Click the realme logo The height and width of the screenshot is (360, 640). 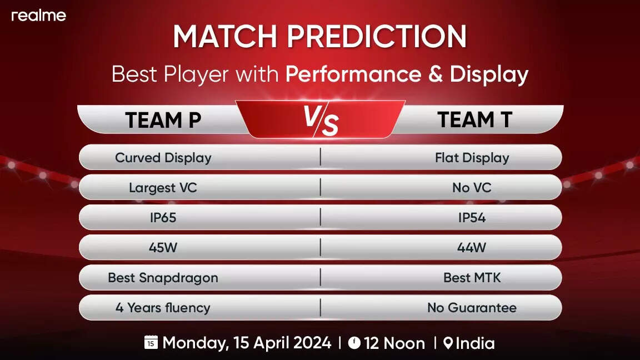[x=39, y=16]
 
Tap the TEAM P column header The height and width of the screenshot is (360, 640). [x=163, y=120]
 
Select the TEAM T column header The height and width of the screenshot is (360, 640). [x=474, y=119]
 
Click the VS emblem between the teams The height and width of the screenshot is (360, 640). [x=321, y=120]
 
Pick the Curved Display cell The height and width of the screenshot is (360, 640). [x=163, y=158]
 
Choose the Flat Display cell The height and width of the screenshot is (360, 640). [x=472, y=158]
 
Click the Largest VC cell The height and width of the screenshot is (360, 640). [x=163, y=188]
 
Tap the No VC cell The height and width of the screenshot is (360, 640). [x=472, y=188]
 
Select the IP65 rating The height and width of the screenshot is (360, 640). [x=163, y=218]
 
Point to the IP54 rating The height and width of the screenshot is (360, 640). [x=472, y=218]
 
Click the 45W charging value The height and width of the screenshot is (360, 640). [x=163, y=247]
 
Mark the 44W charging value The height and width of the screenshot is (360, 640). [x=472, y=247]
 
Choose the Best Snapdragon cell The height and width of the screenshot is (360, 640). [x=163, y=278]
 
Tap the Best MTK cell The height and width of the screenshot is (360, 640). [x=472, y=278]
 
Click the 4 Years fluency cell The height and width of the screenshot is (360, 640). [x=163, y=308]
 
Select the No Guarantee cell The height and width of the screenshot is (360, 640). [x=472, y=308]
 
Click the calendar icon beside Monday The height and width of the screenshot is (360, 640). [x=151, y=342]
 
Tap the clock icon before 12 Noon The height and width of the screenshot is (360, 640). [x=354, y=343]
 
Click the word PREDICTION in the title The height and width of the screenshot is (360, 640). [x=377, y=36]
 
